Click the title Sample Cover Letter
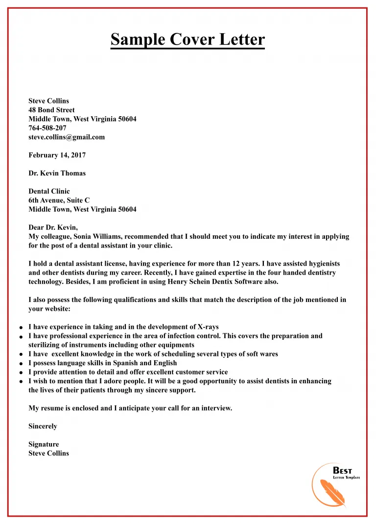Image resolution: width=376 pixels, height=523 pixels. coord(188,39)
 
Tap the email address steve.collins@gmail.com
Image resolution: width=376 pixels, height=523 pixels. coord(67,137)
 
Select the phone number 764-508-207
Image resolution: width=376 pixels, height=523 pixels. coord(47,128)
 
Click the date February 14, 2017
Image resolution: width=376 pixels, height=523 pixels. coord(57,155)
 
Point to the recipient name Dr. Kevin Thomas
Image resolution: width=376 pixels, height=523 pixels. coord(57,174)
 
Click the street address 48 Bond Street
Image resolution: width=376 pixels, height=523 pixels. coord(51,110)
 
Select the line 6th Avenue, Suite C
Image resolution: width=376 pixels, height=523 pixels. coord(59,200)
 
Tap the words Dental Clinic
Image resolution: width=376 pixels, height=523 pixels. coord(49,192)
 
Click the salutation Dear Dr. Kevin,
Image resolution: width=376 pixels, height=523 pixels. coord(53,227)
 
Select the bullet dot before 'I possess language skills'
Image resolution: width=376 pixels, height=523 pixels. coord(21,364)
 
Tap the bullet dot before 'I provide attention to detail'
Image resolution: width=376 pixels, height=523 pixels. coord(21,373)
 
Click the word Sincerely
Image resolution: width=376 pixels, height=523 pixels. coord(43,426)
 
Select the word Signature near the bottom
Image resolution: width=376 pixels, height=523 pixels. coord(44,445)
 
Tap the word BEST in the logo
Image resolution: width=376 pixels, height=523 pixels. coord(342,471)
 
